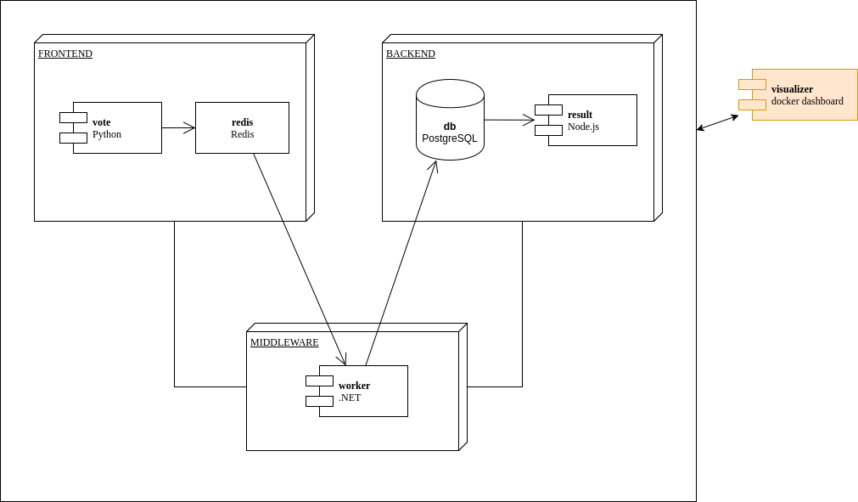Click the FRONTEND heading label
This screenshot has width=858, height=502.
[65, 54]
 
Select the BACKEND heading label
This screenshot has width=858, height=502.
[411, 54]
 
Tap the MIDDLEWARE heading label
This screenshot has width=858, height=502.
[284, 342]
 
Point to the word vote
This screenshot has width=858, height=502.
[101, 122]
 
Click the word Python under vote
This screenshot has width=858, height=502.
[107, 134]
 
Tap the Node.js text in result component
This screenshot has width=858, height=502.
[583, 127]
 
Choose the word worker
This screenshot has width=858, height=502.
[354, 386]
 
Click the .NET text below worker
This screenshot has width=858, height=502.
[350, 398]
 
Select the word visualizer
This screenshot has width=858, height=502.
[792, 89]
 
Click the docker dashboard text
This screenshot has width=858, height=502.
[807, 101]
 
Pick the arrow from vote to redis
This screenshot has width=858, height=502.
[178, 127]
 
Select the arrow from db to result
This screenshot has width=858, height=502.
[509, 120]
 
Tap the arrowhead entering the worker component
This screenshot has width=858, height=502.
[343, 361]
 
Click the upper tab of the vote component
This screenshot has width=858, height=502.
[73, 117]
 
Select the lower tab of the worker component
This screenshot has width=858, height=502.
[319, 401]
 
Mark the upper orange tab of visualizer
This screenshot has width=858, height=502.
[752, 84]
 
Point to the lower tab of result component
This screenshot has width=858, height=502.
[548, 130]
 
